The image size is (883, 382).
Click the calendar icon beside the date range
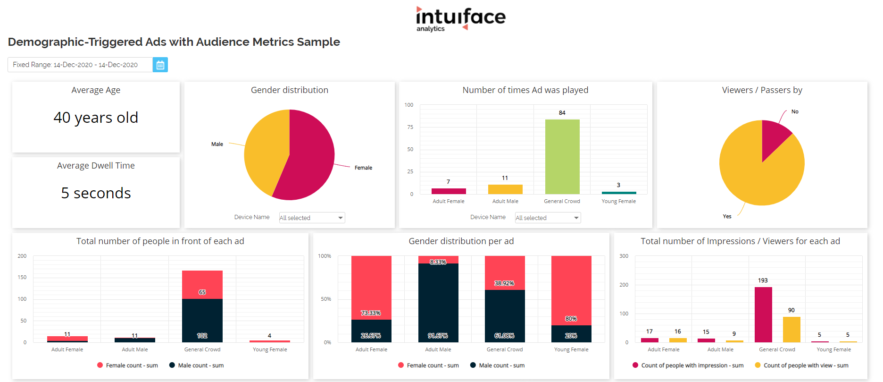[160, 65]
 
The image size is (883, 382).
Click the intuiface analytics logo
[460, 19]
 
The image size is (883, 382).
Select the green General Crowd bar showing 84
[562, 156]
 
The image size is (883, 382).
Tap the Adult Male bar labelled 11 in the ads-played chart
[505, 189]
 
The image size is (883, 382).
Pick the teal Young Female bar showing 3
[619, 193]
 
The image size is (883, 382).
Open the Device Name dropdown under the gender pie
[312, 218]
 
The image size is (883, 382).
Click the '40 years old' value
[96, 118]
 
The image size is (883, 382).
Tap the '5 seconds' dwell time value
[96, 193]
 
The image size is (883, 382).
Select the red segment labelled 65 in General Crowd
[202, 285]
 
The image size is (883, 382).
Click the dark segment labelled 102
[202, 321]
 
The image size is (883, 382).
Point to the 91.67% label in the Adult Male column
[438, 336]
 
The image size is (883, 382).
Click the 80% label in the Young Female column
[571, 319]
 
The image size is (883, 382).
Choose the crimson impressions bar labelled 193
[763, 314]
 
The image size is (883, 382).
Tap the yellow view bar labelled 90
[791, 329]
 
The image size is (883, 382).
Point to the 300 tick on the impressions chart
[624, 256]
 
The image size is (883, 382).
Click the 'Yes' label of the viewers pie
[727, 216]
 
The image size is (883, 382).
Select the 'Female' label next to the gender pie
[363, 168]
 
